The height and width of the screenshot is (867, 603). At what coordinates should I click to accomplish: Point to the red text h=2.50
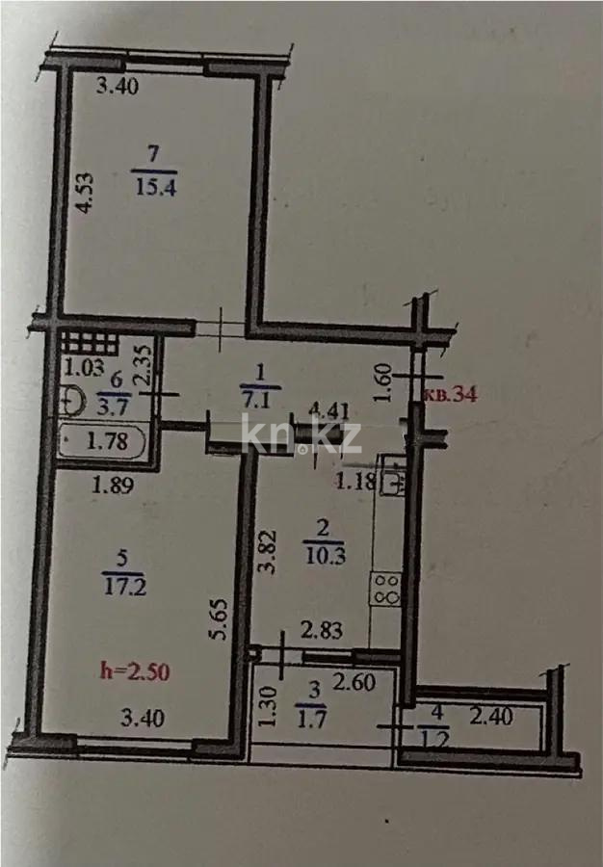point(136,670)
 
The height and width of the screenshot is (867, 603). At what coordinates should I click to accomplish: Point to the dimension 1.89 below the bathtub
point(112,486)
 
